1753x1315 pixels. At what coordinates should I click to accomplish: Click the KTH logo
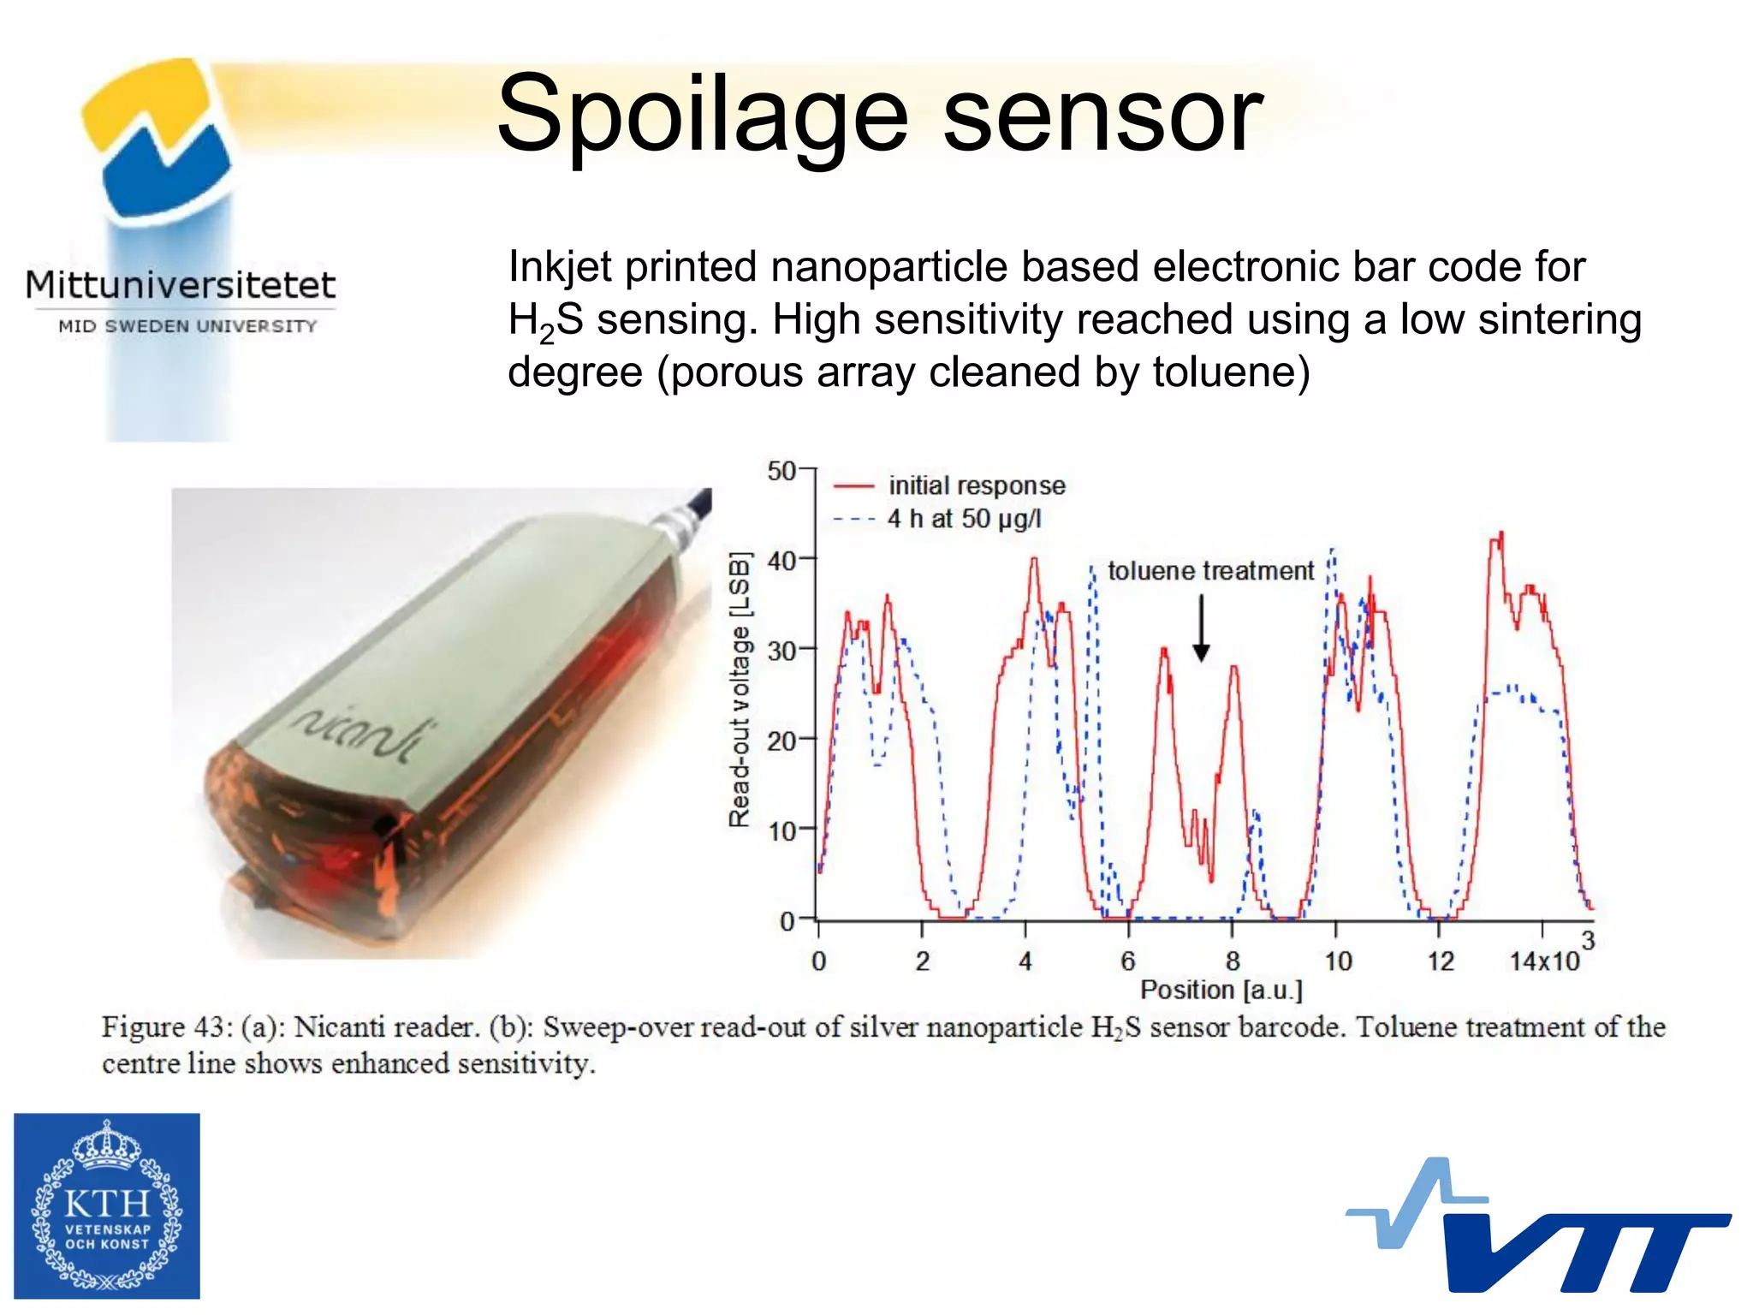coord(107,1205)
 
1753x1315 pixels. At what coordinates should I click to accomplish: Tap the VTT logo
coord(1541,1229)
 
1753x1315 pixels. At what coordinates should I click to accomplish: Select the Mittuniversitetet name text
coord(181,285)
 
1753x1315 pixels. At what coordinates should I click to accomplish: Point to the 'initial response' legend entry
coord(976,485)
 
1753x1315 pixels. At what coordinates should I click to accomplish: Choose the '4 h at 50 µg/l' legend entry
coord(964,519)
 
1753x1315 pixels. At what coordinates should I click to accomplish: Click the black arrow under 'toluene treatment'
coord(1201,629)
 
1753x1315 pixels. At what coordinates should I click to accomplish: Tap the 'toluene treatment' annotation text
coord(1209,570)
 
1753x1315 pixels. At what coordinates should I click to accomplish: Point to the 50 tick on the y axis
coord(782,471)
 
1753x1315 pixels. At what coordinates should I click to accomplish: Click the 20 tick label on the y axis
coord(781,741)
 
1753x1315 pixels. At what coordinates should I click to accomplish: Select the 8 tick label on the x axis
coord(1232,961)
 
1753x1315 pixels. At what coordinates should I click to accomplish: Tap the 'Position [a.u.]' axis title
coord(1221,991)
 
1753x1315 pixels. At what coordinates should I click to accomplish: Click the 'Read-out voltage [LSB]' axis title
coord(740,689)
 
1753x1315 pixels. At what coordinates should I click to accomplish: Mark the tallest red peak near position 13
coord(1500,536)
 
